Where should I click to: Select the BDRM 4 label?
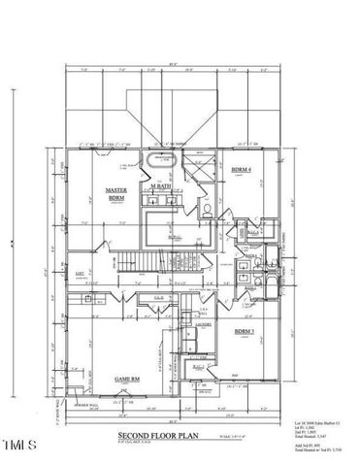[x=243, y=172]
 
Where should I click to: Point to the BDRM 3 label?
[x=245, y=332]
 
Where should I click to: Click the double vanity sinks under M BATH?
[x=159, y=198]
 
